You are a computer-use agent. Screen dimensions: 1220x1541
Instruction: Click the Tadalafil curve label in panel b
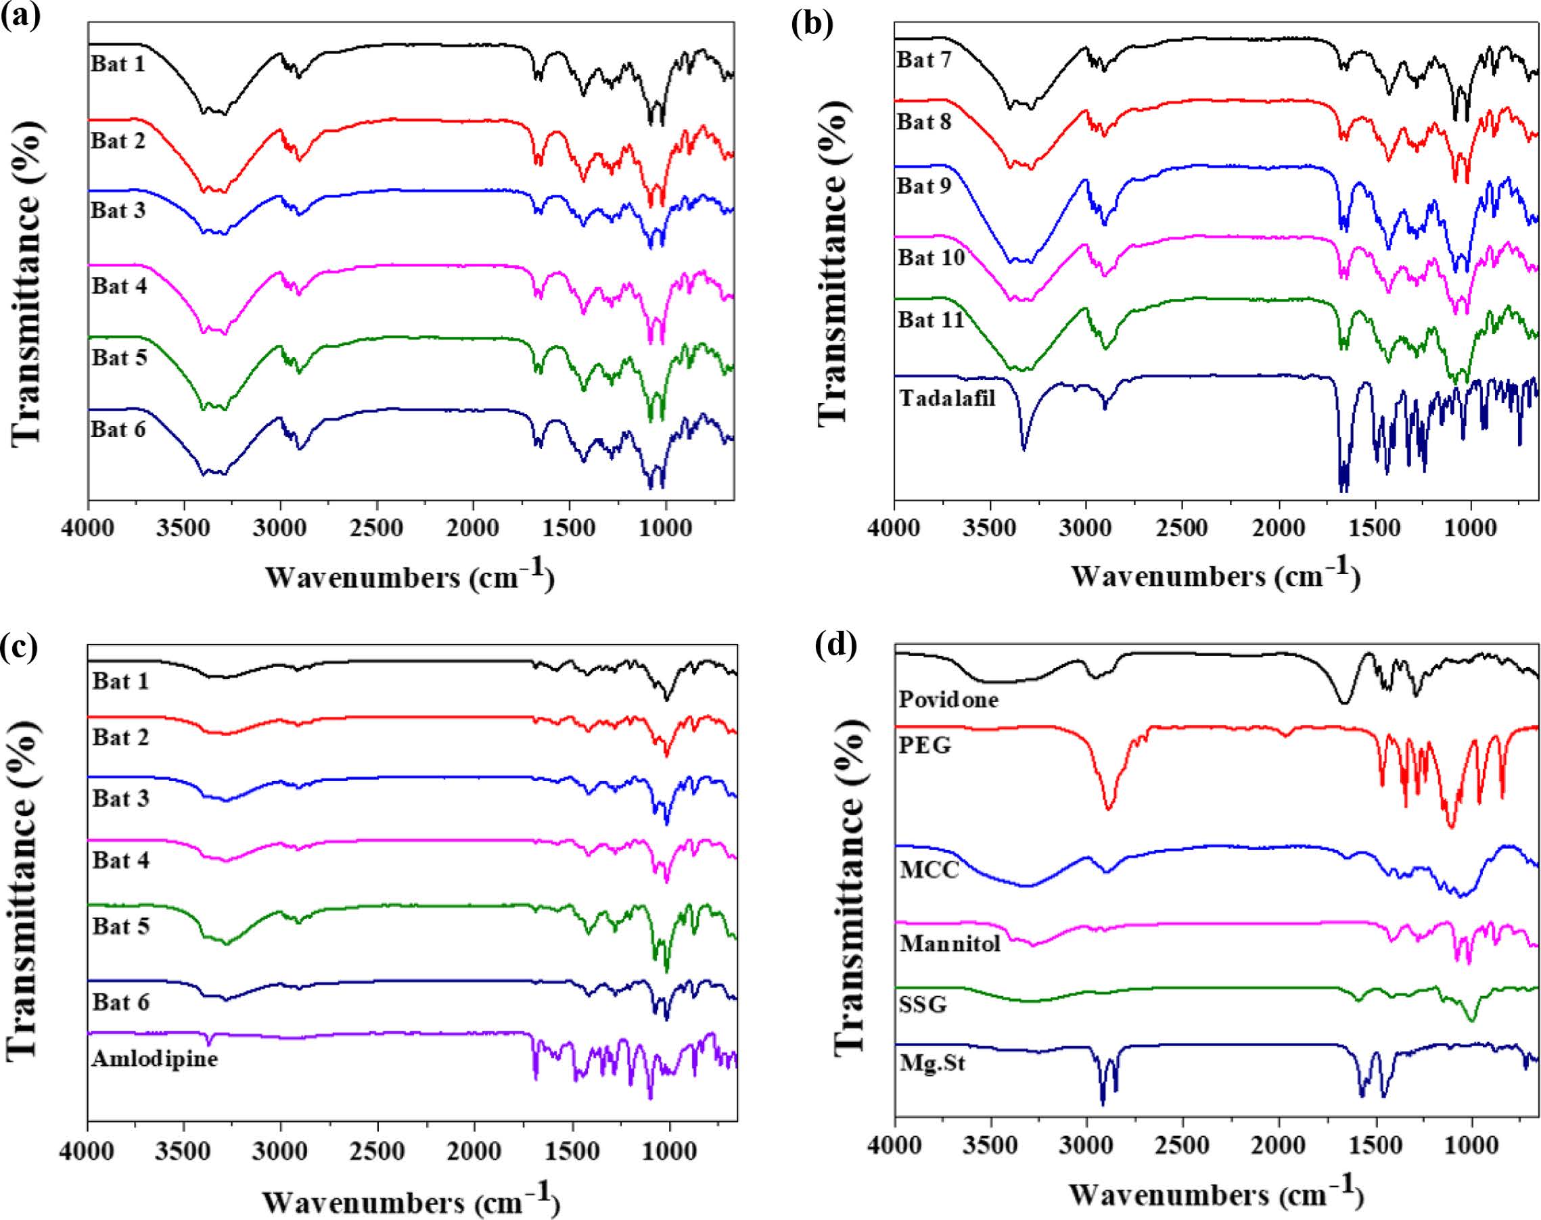tap(946, 398)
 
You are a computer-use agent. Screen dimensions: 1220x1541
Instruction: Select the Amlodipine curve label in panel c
tap(154, 1058)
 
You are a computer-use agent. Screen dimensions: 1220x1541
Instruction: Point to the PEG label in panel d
tap(926, 746)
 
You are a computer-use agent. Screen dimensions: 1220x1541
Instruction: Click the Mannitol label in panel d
tap(950, 944)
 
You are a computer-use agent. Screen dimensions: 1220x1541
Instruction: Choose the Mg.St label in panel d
tap(932, 1064)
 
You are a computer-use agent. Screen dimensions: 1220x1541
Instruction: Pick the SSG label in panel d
tap(923, 1004)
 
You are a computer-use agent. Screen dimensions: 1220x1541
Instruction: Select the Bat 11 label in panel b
tap(931, 319)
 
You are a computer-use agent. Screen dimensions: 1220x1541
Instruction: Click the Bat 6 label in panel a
tap(118, 429)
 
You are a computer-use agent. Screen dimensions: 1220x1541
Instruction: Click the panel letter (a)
tap(21, 14)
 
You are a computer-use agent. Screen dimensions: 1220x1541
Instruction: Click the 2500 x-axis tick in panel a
tap(377, 530)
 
